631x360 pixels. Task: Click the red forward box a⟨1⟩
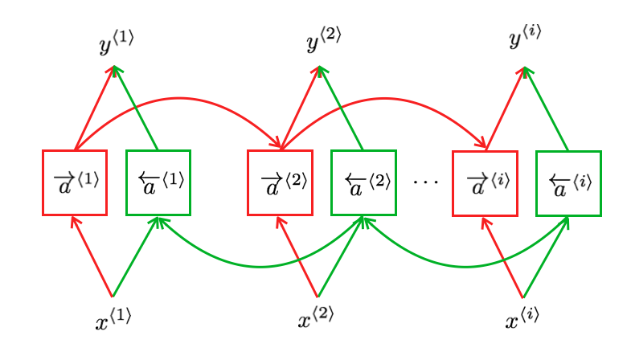point(75,183)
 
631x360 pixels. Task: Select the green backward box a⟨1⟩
point(158,183)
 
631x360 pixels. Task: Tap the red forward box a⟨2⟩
point(280,183)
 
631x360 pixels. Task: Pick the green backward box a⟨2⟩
point(363,183)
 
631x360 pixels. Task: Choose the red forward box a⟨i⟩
point(485,183)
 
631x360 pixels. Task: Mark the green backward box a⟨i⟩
point(568,183)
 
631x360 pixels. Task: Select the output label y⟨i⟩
point(527,38)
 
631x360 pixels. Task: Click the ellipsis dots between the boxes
point(425,183)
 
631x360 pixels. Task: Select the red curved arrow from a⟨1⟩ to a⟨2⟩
point(178,99)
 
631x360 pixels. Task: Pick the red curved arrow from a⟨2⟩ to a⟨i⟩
point(384,99)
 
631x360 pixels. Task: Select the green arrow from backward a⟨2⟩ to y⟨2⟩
point(342,109)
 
